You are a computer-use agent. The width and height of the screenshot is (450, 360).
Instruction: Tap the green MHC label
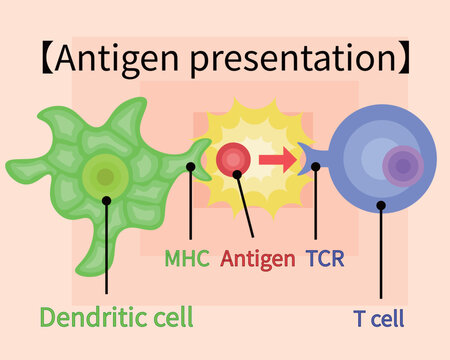(x=187, y=260)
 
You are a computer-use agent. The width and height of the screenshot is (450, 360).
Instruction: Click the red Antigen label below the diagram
(x=258, y=260)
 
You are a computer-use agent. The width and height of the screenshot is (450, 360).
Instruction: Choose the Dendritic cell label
(x=116, y=318)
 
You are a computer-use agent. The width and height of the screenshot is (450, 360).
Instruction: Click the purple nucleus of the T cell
(x=402, y=166)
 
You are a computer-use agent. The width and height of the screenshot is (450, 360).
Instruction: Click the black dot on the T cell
(x=381, y=205)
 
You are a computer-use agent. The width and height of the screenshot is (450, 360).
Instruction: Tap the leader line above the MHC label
(x=189, y=205)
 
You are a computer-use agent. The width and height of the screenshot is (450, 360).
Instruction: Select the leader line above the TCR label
(x=315, y=205)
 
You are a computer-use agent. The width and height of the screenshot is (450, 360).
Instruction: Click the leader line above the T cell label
(x=381, y=250)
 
